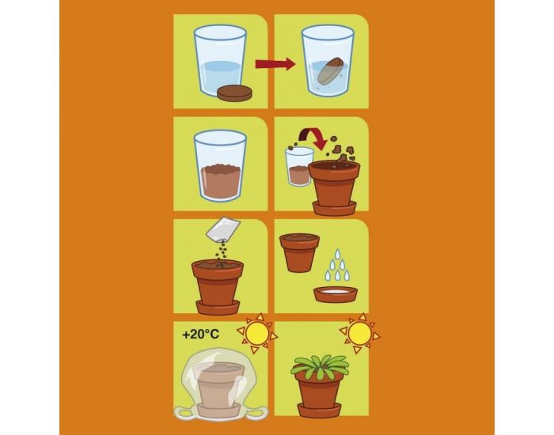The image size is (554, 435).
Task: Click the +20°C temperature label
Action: click(201, 334)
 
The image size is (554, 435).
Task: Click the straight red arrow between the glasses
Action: click(275, 64)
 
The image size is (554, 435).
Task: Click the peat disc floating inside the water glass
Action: click(331, 73)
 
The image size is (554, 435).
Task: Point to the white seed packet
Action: click(223, 229)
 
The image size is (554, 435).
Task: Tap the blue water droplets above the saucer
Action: click(336, 265)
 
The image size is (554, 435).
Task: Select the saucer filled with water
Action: click(336, 294)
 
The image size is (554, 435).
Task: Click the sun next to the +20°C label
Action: click(257, 333)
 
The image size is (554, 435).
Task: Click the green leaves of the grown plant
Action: click(320, 366)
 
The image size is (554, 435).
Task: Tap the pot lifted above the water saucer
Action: click(299, 252)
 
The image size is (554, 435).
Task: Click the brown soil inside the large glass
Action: click(220, 183)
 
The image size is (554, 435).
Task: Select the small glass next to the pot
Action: click(299, 166)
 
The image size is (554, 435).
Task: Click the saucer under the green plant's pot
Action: click(320, 410)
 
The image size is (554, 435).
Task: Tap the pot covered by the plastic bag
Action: click(219, 385)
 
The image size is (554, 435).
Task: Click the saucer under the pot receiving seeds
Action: click(218, 307)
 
